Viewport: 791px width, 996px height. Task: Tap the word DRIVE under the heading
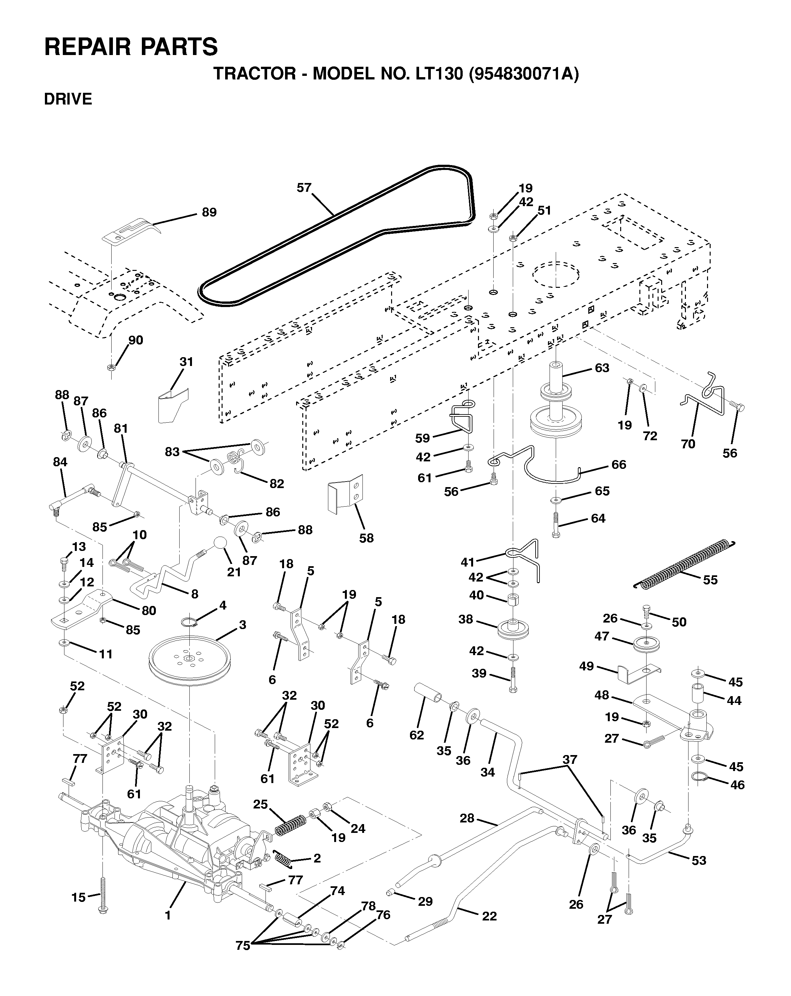click(68, 99)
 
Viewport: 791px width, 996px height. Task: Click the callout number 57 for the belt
click(304, 188)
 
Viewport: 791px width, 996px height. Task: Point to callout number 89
click(209, 213)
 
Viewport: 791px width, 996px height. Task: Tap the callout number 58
click(366, 538)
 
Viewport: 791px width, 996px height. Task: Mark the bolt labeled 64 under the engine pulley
click(555, 524)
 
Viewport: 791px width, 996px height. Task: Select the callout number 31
click(186, 362)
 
